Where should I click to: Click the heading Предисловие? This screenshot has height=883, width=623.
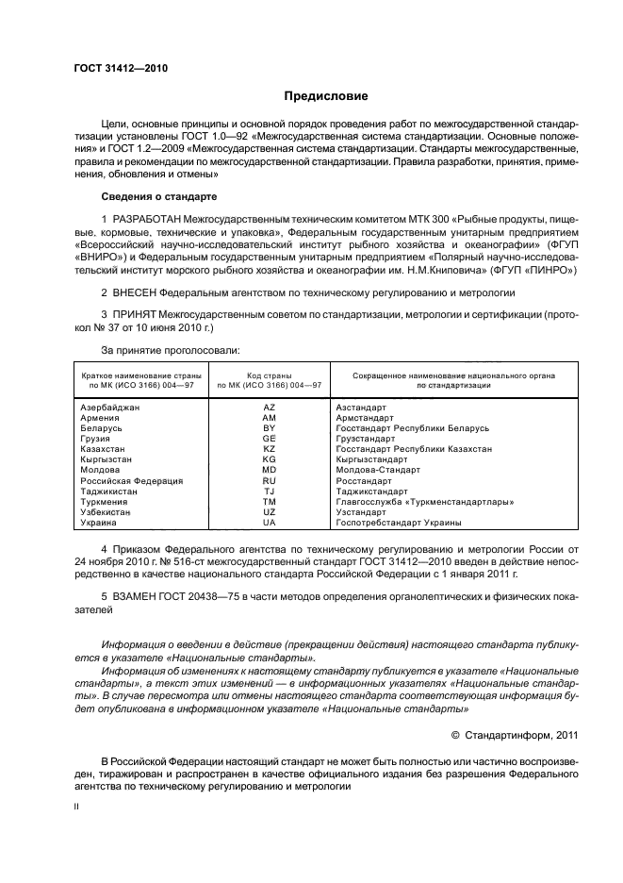(327, 96)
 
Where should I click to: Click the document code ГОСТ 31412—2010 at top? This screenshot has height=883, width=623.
(114, 69)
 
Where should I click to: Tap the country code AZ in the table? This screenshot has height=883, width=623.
(269, 407)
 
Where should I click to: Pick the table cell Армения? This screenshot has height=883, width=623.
(100, 417)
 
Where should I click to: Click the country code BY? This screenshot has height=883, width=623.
(269, 428)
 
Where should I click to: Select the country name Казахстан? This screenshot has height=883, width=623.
(104, 449)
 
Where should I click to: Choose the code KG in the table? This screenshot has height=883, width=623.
(269, 459)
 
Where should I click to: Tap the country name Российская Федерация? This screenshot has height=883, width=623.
(131, 481)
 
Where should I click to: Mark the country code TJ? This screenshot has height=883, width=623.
(269, 491)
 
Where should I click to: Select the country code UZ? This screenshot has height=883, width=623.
(269, 512)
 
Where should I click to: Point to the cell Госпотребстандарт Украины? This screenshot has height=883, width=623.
(398, 523)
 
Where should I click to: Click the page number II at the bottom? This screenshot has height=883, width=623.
(77, 808)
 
